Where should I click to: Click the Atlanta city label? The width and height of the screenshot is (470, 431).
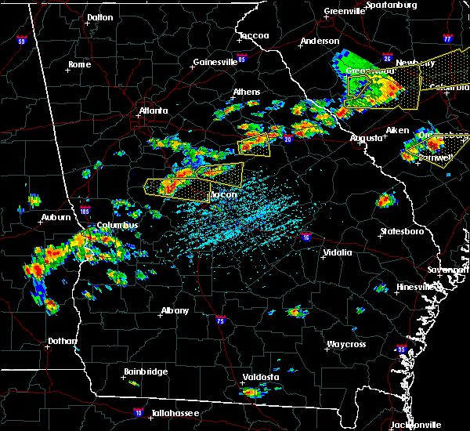154,110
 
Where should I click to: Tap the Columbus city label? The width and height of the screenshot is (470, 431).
117,226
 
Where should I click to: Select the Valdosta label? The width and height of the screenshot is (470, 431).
260,377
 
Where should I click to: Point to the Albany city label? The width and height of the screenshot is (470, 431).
175,310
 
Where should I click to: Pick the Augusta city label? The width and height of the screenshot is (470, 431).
366,137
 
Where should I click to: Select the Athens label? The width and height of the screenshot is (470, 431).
246,92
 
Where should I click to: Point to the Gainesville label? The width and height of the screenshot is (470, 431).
215,62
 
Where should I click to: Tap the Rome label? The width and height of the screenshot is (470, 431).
80,64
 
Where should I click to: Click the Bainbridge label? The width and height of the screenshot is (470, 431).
145,371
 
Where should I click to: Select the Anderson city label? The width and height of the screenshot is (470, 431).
320,41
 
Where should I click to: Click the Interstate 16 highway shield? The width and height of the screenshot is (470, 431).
306,236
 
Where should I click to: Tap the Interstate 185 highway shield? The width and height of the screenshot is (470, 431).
85,210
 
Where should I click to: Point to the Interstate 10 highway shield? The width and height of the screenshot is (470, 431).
139,411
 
